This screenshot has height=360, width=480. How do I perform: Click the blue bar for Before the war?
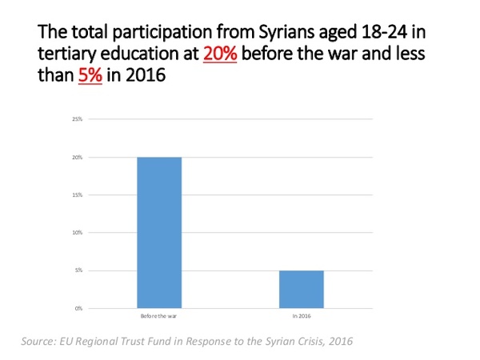tap(158, 232)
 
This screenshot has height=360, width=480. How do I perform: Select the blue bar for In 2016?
tap(301, 289)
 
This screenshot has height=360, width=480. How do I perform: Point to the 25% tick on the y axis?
tap(78, 120)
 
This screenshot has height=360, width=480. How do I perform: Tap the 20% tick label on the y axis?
tap(78, 158)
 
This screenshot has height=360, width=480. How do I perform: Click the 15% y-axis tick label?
tap(78, 195)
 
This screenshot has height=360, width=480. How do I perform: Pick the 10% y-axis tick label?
tap(78, 233)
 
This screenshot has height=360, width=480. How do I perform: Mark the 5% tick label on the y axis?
tap(78, 270)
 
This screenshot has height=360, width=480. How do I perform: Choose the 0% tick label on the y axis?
tap(78, 308)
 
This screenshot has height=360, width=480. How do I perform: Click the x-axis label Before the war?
tap(158, 317)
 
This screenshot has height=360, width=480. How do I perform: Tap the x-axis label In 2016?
tap(302, 317)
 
